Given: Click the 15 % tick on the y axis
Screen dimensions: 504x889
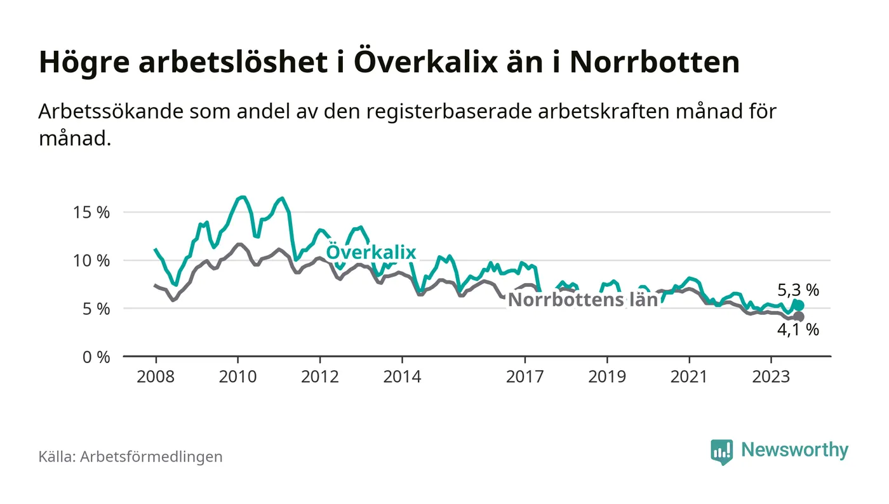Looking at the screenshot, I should pos(92,212).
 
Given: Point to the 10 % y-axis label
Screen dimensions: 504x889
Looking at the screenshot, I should pos(92,260).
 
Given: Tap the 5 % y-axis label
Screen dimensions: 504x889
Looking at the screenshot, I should pos(97,308).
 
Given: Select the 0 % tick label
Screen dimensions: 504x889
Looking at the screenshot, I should pos(97,357).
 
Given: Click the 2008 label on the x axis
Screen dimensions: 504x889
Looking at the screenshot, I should pos(156,376).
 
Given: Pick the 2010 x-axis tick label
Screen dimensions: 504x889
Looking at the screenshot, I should pos(237,376).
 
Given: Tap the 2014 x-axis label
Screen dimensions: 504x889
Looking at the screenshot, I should pos(402,376).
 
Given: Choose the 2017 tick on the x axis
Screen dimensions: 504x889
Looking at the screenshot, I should pos(525,376).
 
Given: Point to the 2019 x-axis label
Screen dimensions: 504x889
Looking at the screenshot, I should pos(608,376).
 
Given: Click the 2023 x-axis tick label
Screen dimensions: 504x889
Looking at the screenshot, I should pos(772,376).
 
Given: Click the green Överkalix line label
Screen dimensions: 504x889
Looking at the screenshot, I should pos(371,253).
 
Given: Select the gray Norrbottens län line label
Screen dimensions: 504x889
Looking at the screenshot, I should pos(583,300).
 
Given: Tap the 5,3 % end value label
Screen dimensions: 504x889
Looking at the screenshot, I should pos(798,291).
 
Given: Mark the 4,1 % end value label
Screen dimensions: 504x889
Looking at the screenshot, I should pos(798,329).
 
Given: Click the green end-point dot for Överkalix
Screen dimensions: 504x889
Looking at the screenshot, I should pos(799,306).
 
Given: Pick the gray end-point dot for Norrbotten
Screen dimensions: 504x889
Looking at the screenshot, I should pos(799,317).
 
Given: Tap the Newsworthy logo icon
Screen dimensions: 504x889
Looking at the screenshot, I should pos(721,451).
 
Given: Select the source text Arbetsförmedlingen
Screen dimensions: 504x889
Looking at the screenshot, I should pos(151,456).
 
